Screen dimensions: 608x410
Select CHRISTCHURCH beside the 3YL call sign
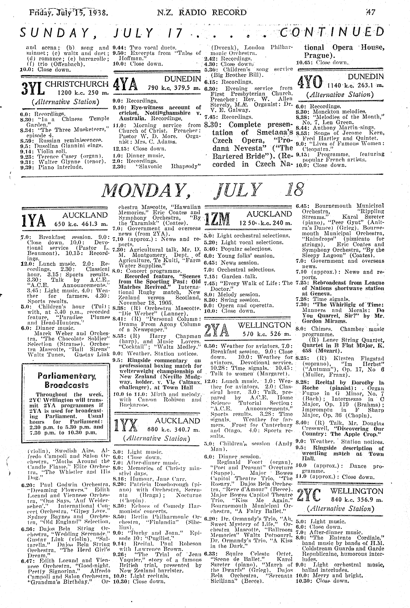[77, 84]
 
